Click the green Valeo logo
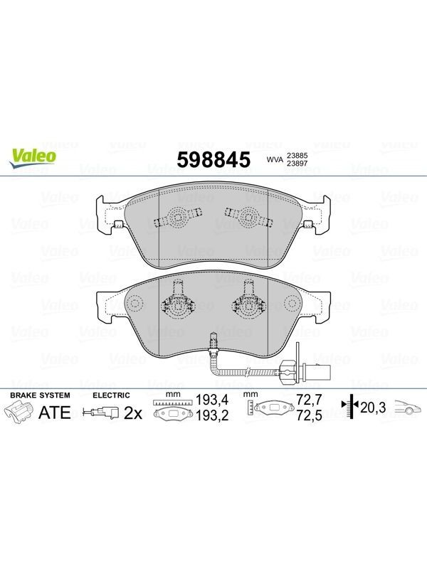click(x=32, y=159)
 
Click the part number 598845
click(x=213, y=159)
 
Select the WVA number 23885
click(x=297, y=155)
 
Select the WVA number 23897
click(x=297, y=164)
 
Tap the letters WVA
click(x=275, y=159)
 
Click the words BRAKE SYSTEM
click(x=40, y=395)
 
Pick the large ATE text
click(x=55, y=413)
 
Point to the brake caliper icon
click(x=19, y=413)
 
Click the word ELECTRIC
click(x=111, y=395)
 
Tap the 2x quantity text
click(x=133, y=413)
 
